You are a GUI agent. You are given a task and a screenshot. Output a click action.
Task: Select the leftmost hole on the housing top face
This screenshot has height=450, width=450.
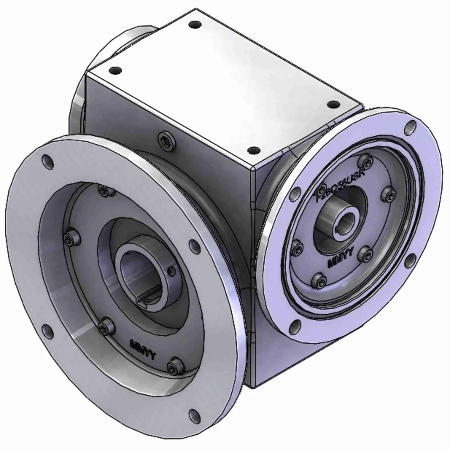point(116,70)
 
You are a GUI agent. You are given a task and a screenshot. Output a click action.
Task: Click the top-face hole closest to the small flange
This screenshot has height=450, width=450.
point(333,104)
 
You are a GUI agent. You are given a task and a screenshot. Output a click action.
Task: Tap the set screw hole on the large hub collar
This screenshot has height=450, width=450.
point(171,272)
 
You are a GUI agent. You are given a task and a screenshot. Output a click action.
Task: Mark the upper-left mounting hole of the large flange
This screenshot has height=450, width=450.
point(47,161)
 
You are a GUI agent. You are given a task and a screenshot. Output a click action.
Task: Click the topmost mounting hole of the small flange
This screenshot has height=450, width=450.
point(410,127)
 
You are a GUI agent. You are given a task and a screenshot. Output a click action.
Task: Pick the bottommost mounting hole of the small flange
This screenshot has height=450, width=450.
point(294,326)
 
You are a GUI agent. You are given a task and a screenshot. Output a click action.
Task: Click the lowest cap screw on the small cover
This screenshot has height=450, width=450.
point(319,281)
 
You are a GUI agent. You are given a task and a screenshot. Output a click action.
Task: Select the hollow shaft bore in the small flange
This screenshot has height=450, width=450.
point(347,221)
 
